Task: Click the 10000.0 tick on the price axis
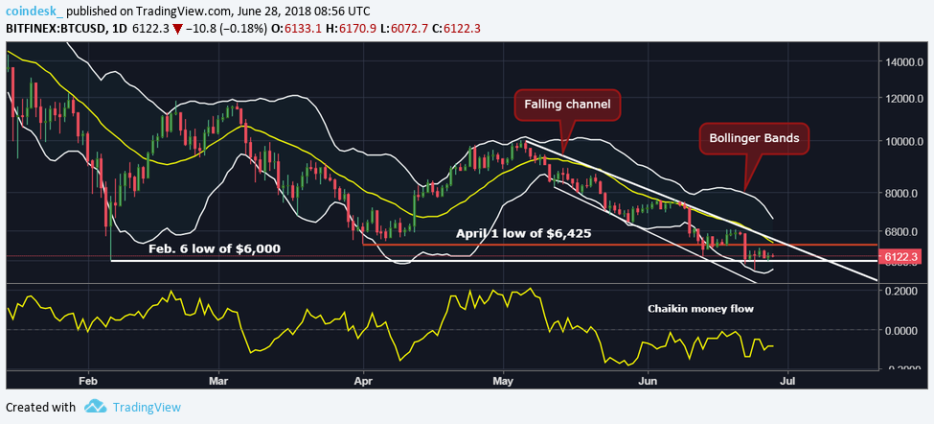coord(903,142)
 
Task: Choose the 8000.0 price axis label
coord(903,194)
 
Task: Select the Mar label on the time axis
coord(217,380)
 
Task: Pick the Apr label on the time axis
coord(363,380)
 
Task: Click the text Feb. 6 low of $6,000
coord(215,248)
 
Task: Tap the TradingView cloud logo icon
coord(94,407)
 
